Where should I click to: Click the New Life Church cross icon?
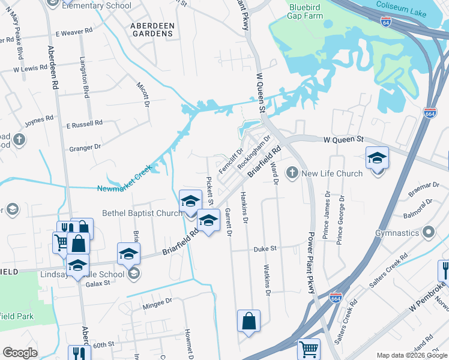coord(292,173)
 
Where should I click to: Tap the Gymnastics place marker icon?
coord(429,232)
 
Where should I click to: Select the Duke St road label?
coord(264,248)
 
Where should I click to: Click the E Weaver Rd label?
coord(74,32)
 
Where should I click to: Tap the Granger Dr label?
coord(86,148)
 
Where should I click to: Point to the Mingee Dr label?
coord(157,307)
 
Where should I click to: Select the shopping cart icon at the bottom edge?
coord(309,349)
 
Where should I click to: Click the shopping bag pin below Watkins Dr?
coord(249,321)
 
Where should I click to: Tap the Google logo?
coord(20,353)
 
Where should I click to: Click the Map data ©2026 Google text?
coord(412,355)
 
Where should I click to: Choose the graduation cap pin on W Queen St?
coord(377,158)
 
